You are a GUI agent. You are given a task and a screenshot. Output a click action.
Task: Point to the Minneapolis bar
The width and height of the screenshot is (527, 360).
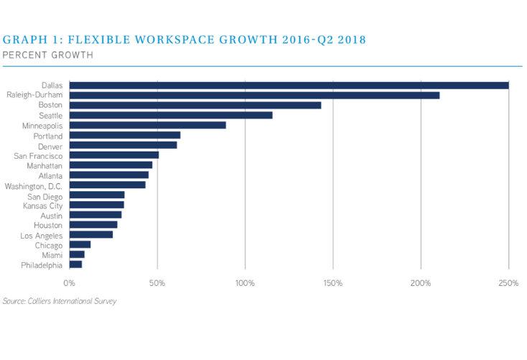(x=148, y=125)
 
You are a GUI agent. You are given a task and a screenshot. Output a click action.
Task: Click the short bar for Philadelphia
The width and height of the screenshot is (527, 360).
(x=76, y=264)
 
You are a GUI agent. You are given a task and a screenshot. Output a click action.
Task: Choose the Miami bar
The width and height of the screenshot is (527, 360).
(x=78, y=254)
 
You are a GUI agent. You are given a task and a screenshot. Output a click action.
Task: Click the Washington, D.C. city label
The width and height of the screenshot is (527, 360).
(x=34, y=185)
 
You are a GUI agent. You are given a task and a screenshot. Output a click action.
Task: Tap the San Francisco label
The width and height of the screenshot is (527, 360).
(x=38, y=155)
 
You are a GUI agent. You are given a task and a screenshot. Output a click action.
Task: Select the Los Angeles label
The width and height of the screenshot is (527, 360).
(x=41, y=235)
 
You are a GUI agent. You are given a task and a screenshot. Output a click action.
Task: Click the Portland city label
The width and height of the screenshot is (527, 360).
(x=48, y=136)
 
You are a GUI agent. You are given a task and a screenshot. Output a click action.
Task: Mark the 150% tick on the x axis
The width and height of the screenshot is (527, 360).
(x=332, y=283)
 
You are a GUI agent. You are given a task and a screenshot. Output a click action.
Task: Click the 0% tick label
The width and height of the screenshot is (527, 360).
(x=70, y=283)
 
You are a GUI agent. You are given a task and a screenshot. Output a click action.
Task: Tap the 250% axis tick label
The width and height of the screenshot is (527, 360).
(x=508, y=283)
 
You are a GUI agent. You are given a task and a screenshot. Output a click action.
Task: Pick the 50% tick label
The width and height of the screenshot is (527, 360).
(x=157, y=283)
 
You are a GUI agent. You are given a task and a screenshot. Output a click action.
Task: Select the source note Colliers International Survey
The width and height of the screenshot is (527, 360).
(x=59, y=301)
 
